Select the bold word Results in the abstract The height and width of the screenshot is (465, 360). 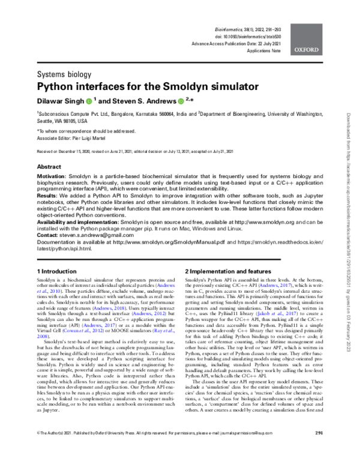click(x=49, y=196)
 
